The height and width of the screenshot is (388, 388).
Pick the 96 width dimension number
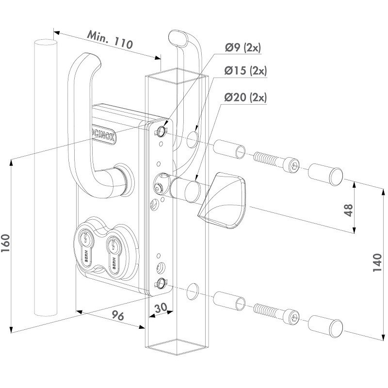point(114,316)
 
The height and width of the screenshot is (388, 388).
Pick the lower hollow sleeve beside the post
point(228,299)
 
